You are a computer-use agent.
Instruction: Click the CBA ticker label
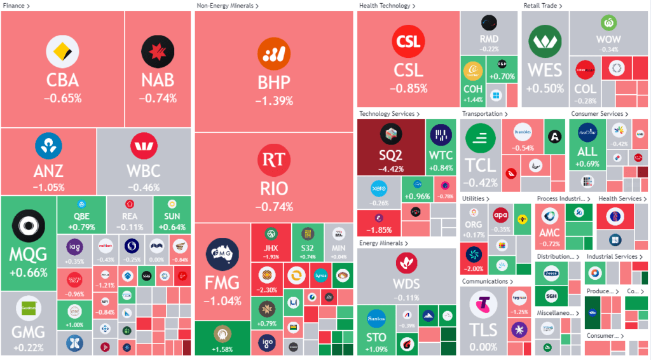(x=62, y=80)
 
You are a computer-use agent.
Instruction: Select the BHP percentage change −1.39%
(x=274, y=100)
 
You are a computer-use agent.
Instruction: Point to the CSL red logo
(x=408, y=41)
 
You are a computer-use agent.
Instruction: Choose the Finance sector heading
(x=15, y=6)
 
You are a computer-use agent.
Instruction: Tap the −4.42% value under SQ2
(x=391, y=169)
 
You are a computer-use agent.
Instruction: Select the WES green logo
(x=545, y=41)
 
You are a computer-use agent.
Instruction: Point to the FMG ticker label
(x=222, y=282)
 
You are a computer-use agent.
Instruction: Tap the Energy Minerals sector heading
(x=382, y=243)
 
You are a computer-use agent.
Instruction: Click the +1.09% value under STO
(x=378, y=349)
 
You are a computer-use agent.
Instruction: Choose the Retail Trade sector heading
(x=542, y=6)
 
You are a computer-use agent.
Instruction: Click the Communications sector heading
(x=487, y=281)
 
